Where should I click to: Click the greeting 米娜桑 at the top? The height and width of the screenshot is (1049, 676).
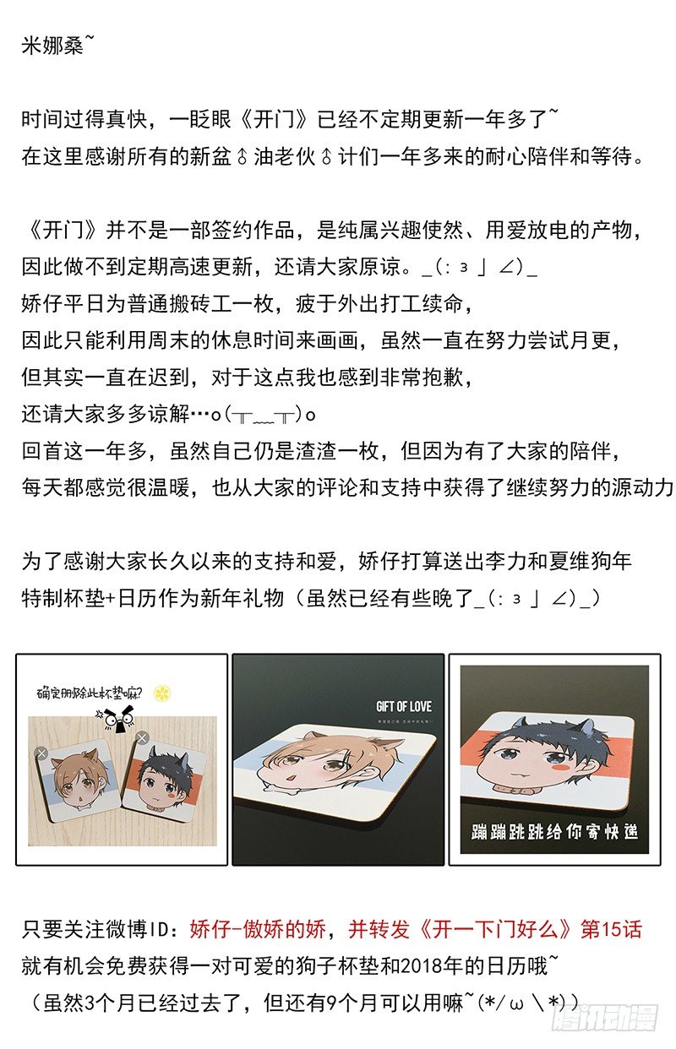[52, 46]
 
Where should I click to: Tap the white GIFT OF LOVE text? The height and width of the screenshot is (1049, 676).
[404, 707]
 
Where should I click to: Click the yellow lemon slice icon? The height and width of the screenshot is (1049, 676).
[162, 693]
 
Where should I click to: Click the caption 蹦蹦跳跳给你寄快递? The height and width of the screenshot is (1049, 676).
[554, 832]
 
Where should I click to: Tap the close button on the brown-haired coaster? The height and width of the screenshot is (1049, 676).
[42, 753]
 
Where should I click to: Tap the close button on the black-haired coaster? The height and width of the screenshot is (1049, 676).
[142, 738]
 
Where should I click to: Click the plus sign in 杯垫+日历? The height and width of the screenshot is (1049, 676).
[111, 599]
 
